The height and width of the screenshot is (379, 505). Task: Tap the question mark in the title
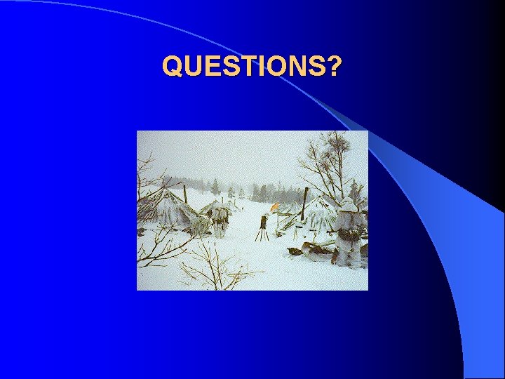click(335, 66)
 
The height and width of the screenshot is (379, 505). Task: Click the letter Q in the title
click(172, 66)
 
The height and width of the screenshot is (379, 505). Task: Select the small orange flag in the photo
click(276, 207)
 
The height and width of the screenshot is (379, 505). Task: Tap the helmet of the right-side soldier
click(349, 205)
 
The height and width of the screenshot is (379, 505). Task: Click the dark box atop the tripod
click(263, 221)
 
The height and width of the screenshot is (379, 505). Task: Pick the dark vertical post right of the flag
click(304, 204)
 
